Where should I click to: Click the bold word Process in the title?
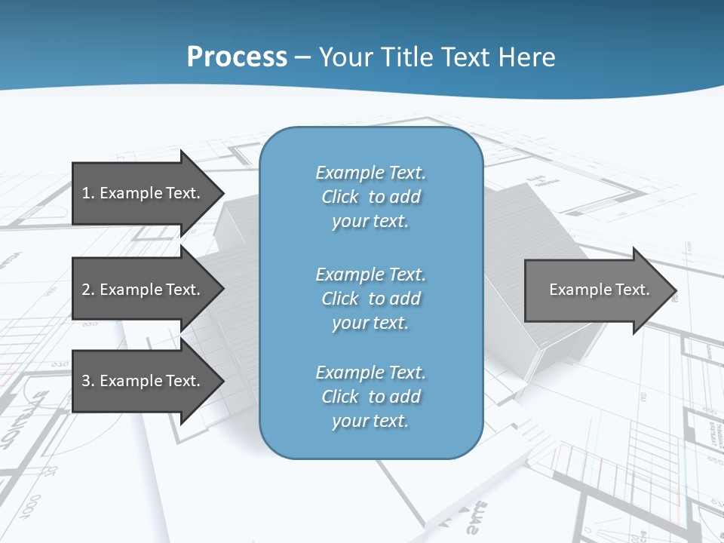237,57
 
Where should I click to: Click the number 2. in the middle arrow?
87,290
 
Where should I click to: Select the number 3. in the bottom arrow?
87,381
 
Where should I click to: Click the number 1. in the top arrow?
87,193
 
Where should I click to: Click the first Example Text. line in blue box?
370,173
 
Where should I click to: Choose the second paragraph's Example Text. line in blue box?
370,275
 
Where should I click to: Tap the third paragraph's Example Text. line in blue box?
370,373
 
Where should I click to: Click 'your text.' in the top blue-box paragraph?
370,222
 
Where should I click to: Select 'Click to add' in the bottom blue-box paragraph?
370,397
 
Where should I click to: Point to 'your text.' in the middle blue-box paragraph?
370,323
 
